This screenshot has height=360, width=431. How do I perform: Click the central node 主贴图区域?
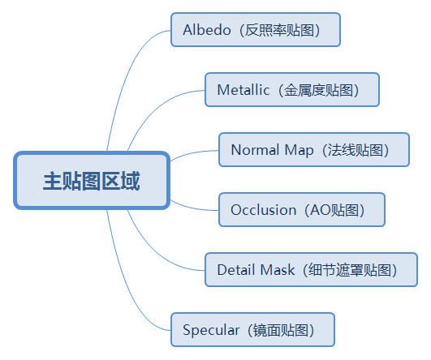point(92,181)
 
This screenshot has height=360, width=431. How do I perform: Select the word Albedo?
point(207,30)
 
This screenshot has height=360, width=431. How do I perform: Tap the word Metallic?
point(244,90)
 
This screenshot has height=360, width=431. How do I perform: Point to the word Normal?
point(256,150)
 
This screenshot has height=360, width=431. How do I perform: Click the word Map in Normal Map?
point(299,151)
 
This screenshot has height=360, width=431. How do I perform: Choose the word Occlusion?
point(263,210)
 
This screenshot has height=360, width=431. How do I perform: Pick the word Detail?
point(236,270)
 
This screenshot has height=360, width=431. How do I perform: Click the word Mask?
point(278,270)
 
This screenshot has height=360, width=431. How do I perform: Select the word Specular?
point(211,330)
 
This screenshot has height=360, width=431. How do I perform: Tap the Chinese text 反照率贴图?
point(279,30)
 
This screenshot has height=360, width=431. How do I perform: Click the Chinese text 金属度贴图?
point(318,90)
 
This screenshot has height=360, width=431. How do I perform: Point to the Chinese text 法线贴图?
point(356,150)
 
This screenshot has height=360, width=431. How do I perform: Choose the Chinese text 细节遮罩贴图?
point(350,270)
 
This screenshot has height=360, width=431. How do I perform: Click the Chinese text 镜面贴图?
point(280,330)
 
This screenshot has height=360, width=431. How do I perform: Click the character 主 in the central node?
point(53,181)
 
